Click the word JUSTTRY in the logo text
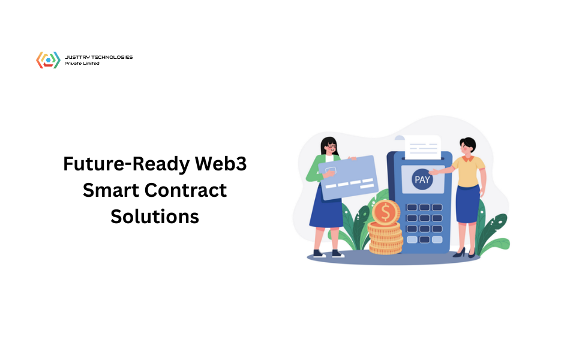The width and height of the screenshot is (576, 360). [x=76, y=57]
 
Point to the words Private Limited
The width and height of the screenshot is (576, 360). [x=82, y=63]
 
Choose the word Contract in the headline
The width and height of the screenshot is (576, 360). [x=187, y=190]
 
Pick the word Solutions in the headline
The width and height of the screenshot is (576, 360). [x=155, y=216]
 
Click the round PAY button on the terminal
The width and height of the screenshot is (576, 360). [x=422, y=179]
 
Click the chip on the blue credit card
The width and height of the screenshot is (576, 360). [x=329, y=170]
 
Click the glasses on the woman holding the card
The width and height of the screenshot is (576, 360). [x=330, y=146]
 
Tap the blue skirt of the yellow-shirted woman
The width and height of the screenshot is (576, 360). [x=467, y=204]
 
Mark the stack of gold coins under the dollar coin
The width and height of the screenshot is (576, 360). [x=385, y=238]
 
